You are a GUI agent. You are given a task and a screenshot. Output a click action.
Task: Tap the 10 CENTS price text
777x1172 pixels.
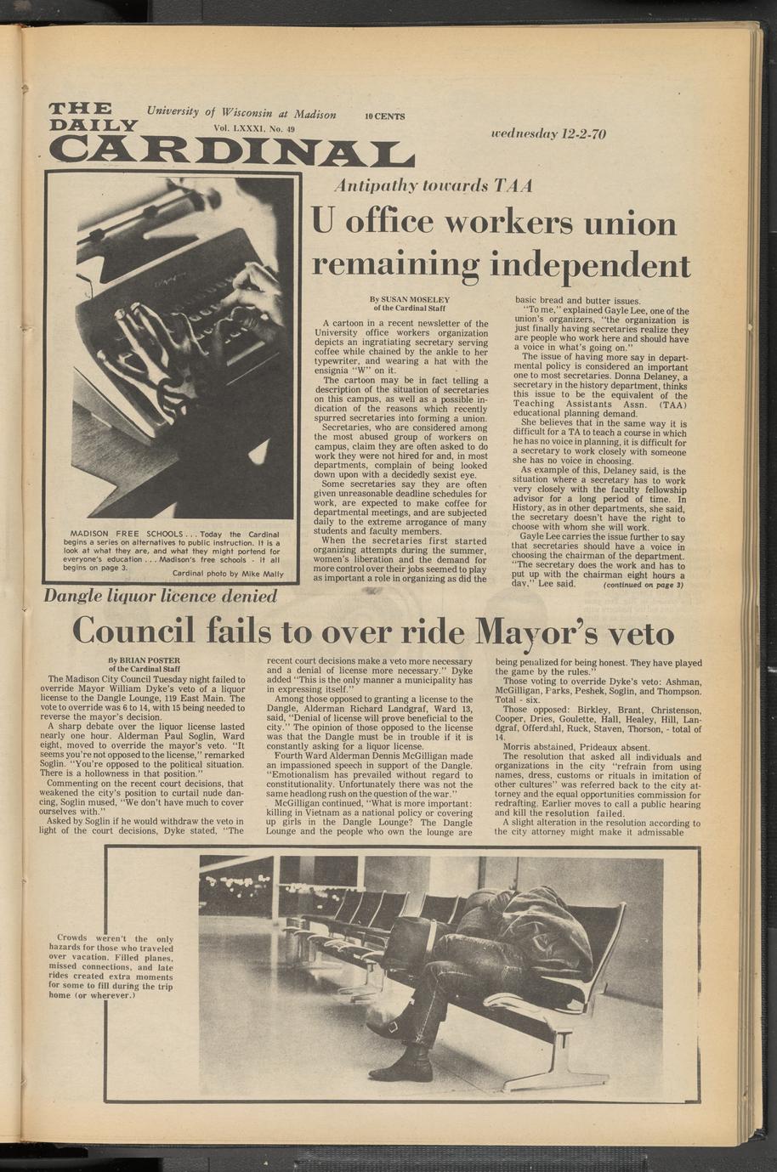tap(385, 116)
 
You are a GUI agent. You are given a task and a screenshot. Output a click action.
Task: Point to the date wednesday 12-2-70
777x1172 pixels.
tap(548, 134)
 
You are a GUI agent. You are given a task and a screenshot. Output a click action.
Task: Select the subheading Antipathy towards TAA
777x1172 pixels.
tap(434, 185)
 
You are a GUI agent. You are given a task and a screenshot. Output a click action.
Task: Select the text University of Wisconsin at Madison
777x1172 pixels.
tap(241, 113)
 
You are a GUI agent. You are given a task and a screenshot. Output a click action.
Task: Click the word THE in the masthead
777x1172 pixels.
tap(81, 109)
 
